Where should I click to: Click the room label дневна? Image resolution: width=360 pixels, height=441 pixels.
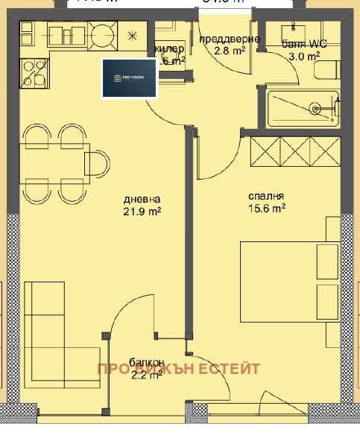click(142, 200)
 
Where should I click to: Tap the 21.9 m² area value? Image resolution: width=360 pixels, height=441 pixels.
click(143, 212)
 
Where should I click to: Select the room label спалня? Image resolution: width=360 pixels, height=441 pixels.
click(266, 197)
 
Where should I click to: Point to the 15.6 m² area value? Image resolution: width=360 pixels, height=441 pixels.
click(268, 209)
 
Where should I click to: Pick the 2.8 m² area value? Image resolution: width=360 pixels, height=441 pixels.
click(229, 51)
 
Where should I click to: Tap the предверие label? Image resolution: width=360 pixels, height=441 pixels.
click(230, 39)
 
